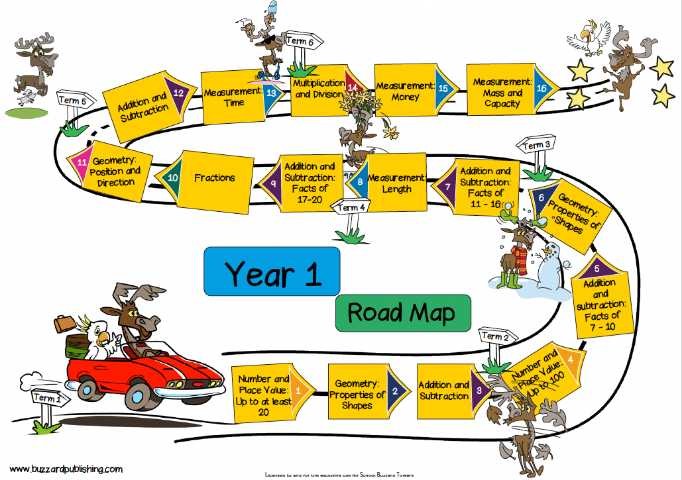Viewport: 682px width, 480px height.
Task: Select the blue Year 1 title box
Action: pyautogui.click(x=272, y=271)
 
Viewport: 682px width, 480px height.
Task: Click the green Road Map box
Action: pyautogui.click(x=402, y=313)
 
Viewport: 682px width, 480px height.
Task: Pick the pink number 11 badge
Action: pyautogui.click(x=82, y=160)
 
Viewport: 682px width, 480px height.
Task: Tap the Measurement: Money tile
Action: pyautogui.click(x=406, y=91)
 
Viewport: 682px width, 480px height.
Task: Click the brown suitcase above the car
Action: pyautogui.click(x=64, y=324)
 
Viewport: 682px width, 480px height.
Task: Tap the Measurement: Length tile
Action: pyautogui.click(x=396, y=183)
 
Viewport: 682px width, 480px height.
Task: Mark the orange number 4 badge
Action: pyautogui.click(x=572, y=359)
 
